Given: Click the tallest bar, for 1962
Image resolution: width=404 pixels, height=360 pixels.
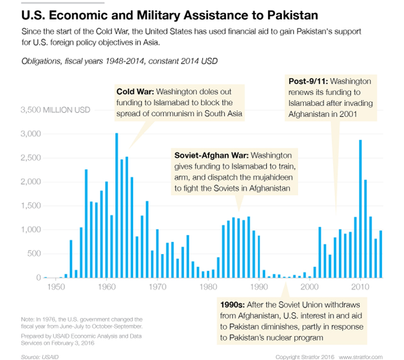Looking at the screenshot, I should tap(117, 206).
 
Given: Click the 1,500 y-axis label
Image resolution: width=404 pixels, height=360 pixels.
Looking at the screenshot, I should tap(33, 206).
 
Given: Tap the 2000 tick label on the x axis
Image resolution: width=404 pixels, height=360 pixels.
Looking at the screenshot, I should tap(309, 287).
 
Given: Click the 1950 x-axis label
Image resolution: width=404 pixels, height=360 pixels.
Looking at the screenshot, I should tap(56, 287).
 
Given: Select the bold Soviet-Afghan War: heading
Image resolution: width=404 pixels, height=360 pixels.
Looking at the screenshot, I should tap(212, 155).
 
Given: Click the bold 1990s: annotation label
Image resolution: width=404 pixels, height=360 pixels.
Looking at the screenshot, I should tap(232, 304).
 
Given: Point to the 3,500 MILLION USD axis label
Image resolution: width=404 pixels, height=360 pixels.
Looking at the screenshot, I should tap(55, 110).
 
